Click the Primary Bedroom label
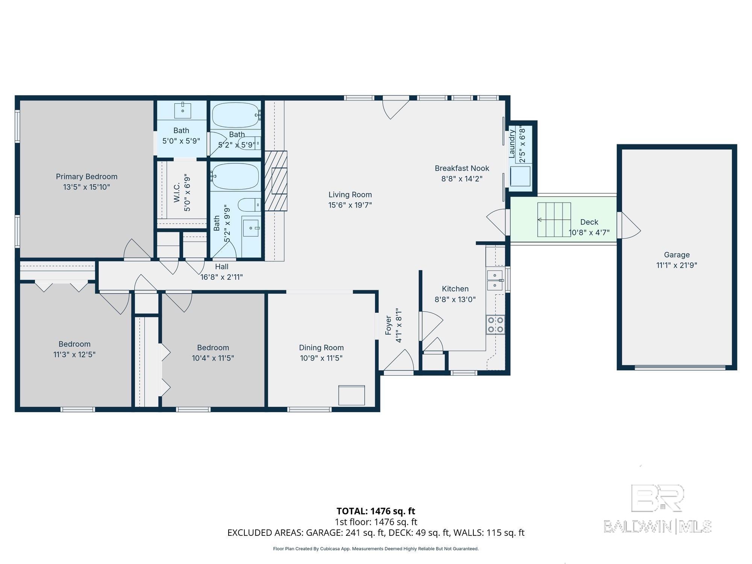(86, 177)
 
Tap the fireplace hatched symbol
(276, 181)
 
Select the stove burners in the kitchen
(495, 325)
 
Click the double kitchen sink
(495, 280)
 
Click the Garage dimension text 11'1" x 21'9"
(676, 265)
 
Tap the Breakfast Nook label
(462, 168)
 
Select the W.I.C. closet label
(177, 193)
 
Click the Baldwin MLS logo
(657, 509)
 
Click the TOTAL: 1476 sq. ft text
(376, 511)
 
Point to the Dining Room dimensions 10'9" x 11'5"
(321, 358)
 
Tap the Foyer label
(388, 325)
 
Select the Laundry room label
(512, 144)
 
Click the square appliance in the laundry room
(520, 176)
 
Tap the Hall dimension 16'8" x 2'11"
(221, 277)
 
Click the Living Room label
(350, 195)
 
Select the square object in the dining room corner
(352, 395)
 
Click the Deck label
(589, 222)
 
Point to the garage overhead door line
(680, 367)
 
